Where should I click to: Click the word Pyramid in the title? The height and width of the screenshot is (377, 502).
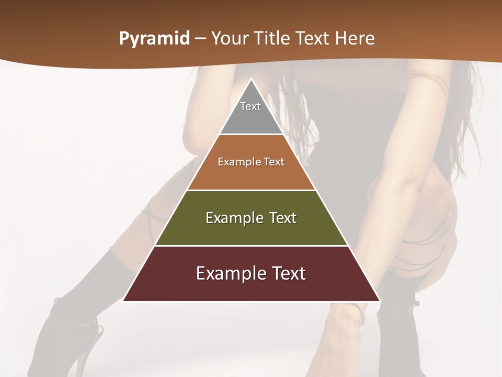(154, 39)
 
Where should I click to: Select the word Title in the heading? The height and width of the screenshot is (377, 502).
(272, 38)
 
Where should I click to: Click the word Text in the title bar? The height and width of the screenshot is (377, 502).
(314, 38)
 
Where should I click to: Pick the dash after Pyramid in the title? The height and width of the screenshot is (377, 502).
(200, 39)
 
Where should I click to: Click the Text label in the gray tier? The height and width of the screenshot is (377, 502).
(250, 106)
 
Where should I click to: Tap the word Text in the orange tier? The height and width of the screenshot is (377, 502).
(274, 162)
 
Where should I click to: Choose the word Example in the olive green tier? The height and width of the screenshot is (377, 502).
(232, 218)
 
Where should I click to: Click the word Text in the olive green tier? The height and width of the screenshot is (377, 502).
(283, 218)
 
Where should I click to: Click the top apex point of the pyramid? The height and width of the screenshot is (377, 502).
(252, 79)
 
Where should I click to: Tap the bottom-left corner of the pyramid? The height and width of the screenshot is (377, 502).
(123, 301)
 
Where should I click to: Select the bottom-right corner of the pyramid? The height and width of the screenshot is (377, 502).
(380, 301)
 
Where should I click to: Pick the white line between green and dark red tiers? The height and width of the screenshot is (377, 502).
(252, 246)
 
